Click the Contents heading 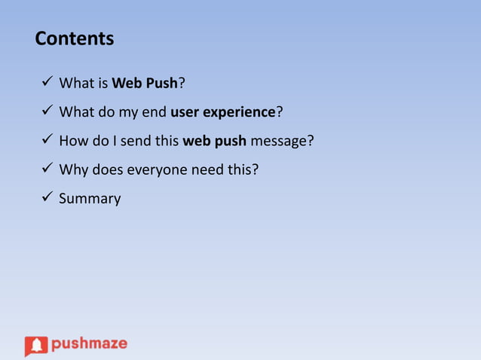pos(74,38)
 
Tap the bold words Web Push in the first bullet pos(145,84)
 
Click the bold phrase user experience pos(222,112)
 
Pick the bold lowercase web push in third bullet pos(214,141)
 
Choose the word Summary pos(90,199)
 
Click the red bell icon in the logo pos(35,346)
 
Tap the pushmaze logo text pos(89,344)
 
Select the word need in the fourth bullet pos(205,169)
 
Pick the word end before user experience pos(155,112)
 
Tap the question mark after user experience pos(279,112)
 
